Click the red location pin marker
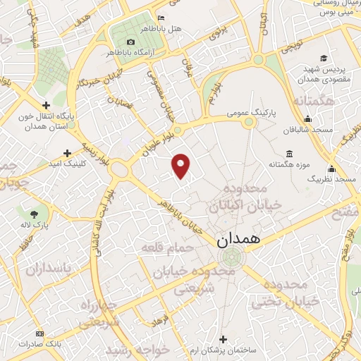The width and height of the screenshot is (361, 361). point(182,165)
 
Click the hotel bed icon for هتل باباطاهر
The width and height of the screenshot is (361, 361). point(161,18)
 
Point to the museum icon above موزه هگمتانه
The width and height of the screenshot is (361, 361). point(289,154)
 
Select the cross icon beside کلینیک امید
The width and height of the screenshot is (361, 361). point(68,153)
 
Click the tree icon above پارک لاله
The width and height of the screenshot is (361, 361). point(35,214)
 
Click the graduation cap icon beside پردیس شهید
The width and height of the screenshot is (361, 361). point(324,58)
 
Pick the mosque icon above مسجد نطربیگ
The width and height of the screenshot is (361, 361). point(331,170)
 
